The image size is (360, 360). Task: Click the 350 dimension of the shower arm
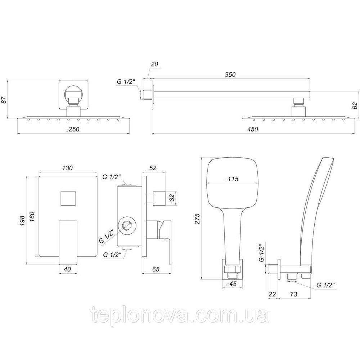coord(230,75)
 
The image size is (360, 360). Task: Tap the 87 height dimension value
coord(4,100)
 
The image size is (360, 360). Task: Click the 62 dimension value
coord(355,105)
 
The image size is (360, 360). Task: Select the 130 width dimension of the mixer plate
coord(67,168)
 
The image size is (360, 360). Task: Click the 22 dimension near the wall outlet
coord(273,294)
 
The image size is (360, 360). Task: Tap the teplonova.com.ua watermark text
coord(180,316)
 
